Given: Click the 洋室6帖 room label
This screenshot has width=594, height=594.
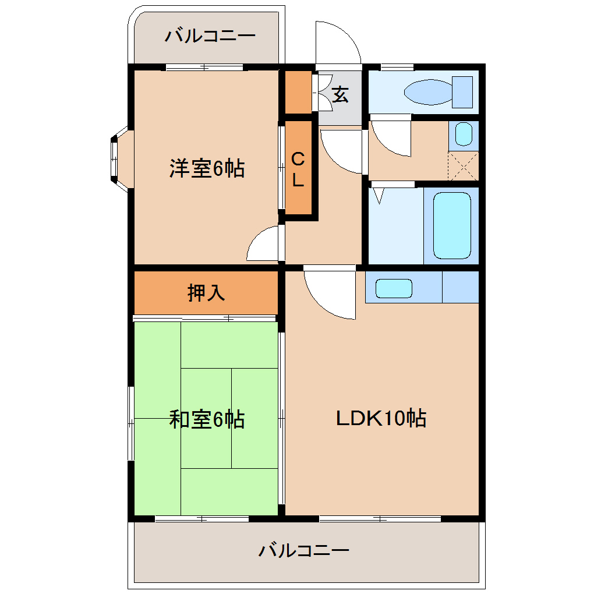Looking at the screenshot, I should tap(207, 168).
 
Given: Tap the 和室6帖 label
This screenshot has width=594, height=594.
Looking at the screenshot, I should tap(207, 419).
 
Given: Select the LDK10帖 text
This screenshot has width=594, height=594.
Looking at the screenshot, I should tap(381, 418).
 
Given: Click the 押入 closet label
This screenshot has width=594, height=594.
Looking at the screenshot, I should tap(206, 292).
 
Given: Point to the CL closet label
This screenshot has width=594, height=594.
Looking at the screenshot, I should tap(298, 169).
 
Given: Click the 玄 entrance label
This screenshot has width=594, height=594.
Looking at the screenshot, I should tap(341, 94).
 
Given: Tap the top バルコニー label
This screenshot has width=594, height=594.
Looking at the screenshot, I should tap(210, 37).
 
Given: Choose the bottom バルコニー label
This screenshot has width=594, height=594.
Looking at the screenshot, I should tap(304, 550).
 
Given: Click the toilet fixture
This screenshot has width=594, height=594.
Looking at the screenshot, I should tap(428, 92).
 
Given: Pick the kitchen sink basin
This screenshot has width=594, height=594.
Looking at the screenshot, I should tap(394, 288).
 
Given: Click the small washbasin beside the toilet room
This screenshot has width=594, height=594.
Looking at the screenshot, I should tap(464, 135).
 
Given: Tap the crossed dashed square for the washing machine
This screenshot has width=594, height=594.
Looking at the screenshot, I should tap(464, 165).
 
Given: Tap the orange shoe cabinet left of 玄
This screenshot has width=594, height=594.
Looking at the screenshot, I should tap(298, 92).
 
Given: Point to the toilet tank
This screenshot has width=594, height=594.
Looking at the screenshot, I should tap(462, 92).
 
